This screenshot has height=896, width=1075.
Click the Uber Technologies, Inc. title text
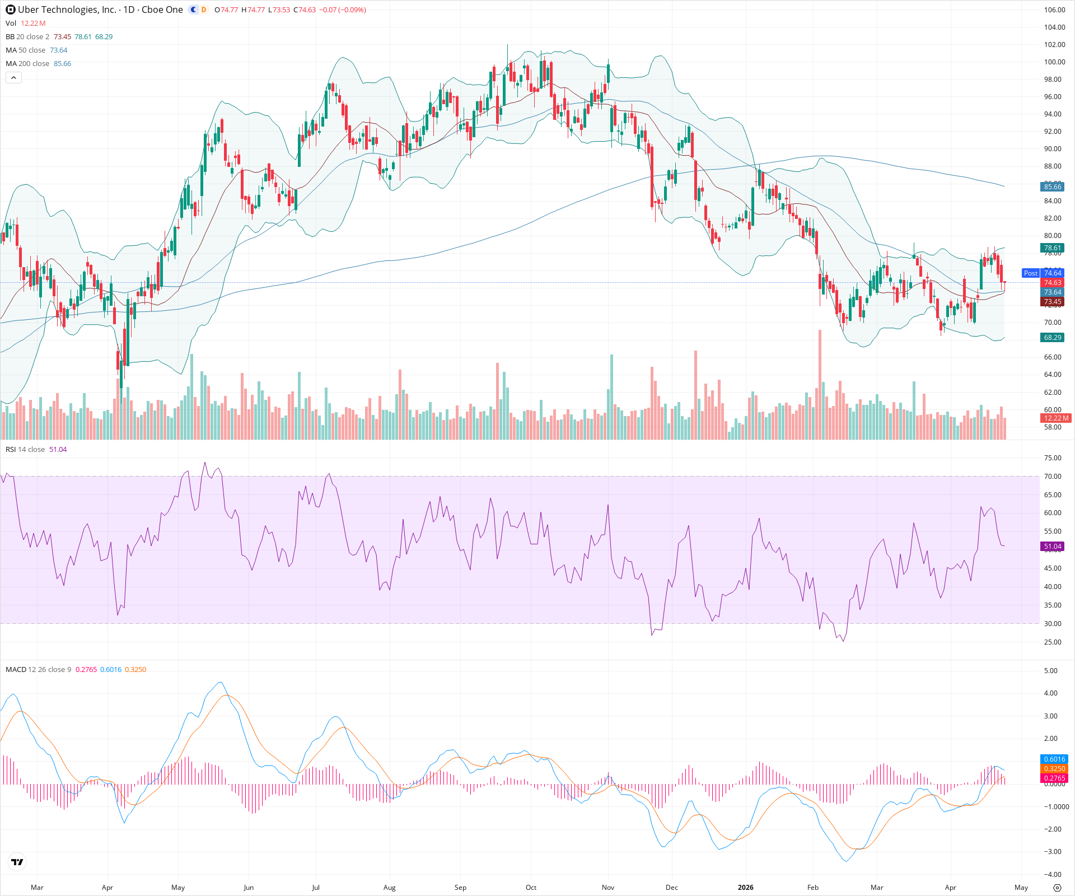(x=67, y=10)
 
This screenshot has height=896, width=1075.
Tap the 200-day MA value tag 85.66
(x=1052, y=186)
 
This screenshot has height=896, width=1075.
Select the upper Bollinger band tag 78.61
(x=1052, y=248)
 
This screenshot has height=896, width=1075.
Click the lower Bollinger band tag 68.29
(x=1052, y=337)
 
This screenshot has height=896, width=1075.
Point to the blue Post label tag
(x=1030, y=273)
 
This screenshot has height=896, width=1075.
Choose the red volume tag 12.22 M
(x=1056, y=418)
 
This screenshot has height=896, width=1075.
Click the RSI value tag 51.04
(x=1052, y=546)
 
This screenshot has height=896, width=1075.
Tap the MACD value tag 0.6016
(x=1054, y=759)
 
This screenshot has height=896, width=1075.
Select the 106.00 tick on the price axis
(x=1054, y=10)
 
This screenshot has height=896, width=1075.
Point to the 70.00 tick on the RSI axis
(x=1053, y=476)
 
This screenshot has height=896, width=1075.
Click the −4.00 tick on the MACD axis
(x=1053, y=874)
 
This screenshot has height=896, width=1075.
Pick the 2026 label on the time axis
(x=745, y=887)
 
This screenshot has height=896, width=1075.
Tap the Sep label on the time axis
(x=460, y=887)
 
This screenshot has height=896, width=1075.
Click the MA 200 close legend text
(x=27, y=63)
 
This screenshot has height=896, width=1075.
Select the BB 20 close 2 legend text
(x=27, y=36)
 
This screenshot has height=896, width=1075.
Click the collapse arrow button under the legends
(x=13, y=78)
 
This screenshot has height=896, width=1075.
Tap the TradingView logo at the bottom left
(x=17, y=862)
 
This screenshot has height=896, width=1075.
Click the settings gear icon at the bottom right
(x=1057, y=888)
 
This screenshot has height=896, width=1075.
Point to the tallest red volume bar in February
(x=820, y=386)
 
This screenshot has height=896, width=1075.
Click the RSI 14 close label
(x=25, y=449)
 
